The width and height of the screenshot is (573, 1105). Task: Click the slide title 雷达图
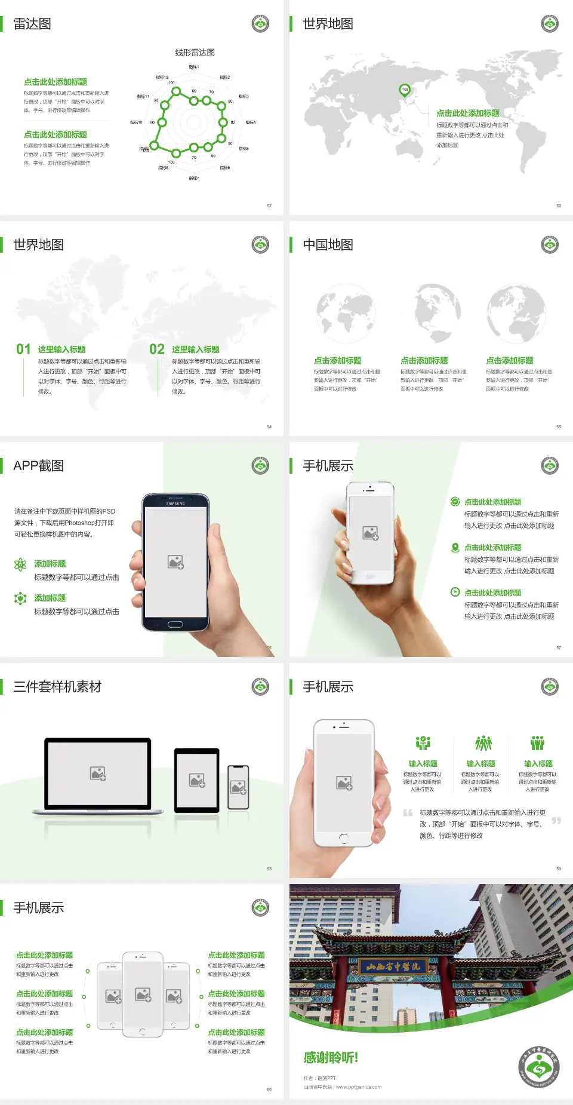tap(32, 24)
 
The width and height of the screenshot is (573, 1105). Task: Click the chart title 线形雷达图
tap(195, 53)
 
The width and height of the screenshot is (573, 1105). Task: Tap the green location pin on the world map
tap(404, 90)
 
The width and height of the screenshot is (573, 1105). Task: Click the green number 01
tap(23, 349)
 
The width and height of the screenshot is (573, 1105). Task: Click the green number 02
tap(157, 349)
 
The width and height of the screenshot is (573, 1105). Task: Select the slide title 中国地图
tap(328, 245)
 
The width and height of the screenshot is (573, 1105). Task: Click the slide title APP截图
tap(39, 466)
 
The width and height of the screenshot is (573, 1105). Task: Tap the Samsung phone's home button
tap(175, 624)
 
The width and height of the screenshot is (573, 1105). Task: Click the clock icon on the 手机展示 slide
tap(455, 592)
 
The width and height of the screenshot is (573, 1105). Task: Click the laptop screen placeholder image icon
tap(98, 773)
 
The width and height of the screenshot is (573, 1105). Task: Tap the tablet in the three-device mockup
tap(197, 779)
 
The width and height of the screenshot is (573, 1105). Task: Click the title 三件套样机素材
tap(57, 687)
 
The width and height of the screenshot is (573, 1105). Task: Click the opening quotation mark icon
tap(408, 813)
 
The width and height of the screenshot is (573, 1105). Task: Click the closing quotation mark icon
tap(556, 821)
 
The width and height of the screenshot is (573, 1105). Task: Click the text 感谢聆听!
tap(331, 1058)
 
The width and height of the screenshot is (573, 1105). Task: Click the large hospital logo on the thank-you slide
tap(539, 1067)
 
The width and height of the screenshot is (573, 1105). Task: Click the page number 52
tap(269, 205)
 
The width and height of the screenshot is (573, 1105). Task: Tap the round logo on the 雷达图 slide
tap(260, 24)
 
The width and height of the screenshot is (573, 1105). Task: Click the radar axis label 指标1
tap(194, 67)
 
